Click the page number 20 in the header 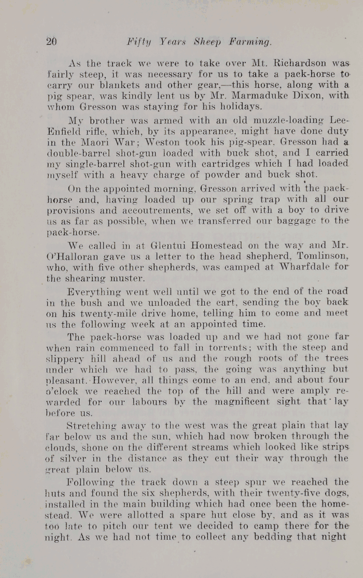[x=51, y=42]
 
